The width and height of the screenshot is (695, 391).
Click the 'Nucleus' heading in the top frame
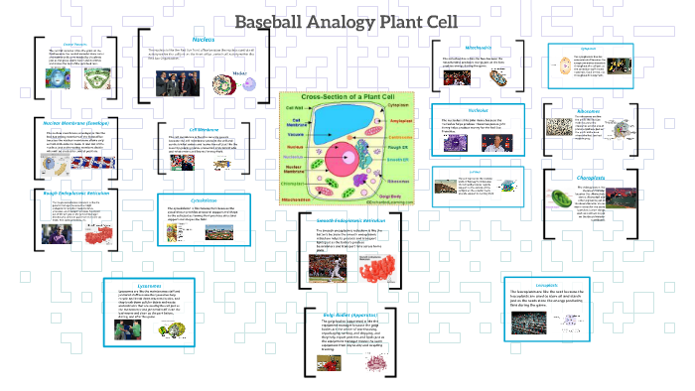click(x=203, y=39)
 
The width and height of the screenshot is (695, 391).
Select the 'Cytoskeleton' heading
click(x=204, y=198)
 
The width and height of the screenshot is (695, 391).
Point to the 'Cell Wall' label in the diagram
click(x=295, y=106)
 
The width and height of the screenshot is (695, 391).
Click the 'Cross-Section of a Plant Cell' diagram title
click(x=347, y=96)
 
